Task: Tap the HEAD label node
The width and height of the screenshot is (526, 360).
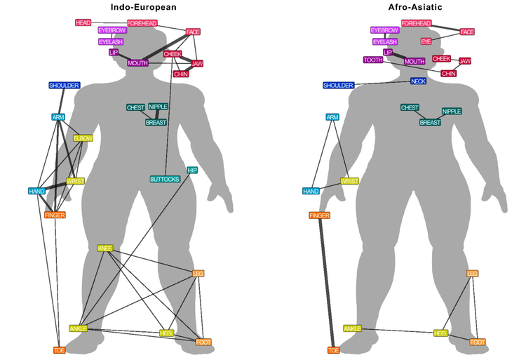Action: click(x=83, y=23)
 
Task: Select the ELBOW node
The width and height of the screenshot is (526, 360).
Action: click(x=83, y=138)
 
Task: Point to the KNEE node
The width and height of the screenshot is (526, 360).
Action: click(x=105, y=248)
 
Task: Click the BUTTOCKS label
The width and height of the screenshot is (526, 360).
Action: click(x=165, y=179)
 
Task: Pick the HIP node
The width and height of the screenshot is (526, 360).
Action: click(x=192, y=170)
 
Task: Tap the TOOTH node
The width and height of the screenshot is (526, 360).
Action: click(x=373, y=60)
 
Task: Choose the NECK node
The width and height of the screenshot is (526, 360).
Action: click(x=418, y=81)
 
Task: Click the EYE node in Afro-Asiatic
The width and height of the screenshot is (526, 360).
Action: click(x=426, y=41)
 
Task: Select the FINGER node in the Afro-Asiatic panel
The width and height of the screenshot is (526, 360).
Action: click(x=319, y=215)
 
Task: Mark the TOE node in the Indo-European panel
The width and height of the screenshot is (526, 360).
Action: click(x=60, y=349)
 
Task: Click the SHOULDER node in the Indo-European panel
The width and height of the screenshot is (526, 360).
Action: click(x=65, y=86)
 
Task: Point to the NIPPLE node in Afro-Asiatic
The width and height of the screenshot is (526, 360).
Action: click(x=452, y=111)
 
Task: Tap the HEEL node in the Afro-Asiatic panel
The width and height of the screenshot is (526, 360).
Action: click(x=440, y=333)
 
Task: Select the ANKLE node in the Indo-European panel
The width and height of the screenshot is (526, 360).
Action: click(x=78, y=328)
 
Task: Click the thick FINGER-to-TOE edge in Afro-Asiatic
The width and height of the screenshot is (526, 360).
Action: click(x=326, y=281)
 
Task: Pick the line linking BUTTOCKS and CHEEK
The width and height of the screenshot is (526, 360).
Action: click(x=169, y=119)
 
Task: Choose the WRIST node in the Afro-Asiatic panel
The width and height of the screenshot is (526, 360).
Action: click(x=349, y=181)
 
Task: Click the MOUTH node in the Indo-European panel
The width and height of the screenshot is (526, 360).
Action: click(x=137, y=63)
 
